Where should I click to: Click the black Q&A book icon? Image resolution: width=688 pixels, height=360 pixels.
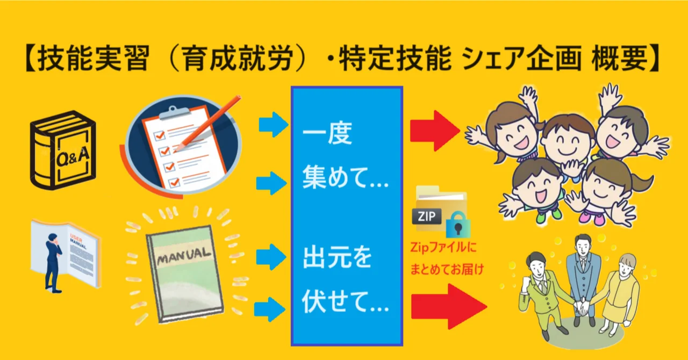63,149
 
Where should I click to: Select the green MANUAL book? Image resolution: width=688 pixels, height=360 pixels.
185,274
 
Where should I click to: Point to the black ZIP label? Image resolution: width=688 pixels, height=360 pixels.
427,216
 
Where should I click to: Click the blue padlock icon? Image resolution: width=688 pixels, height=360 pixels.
458,225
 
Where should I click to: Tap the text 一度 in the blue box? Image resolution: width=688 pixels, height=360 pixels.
327,134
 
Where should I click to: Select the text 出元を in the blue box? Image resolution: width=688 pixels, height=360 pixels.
337,257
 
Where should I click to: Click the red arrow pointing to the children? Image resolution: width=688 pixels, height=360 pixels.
435,131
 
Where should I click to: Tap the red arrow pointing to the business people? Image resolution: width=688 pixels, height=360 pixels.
449,306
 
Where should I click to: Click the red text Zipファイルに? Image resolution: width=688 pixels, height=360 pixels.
443,247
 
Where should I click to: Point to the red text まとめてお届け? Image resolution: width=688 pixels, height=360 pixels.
447,269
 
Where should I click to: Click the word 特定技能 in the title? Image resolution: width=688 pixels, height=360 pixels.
395,58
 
